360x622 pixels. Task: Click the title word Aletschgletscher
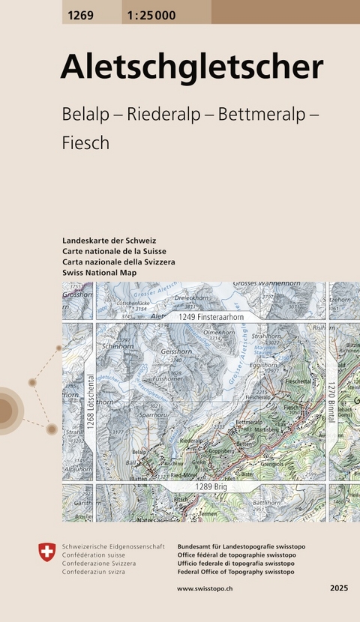(x=191, y=67)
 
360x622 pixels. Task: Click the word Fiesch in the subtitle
(x=86, y=143)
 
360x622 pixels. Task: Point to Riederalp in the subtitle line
(x=164, y=115)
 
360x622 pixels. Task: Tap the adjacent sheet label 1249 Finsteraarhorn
(x=211, y=318)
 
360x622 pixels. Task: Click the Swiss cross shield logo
(x=46, y=553)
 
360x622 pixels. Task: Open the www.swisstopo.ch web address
(x=204, y=590)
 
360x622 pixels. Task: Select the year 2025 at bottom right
(x=338, y=590)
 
